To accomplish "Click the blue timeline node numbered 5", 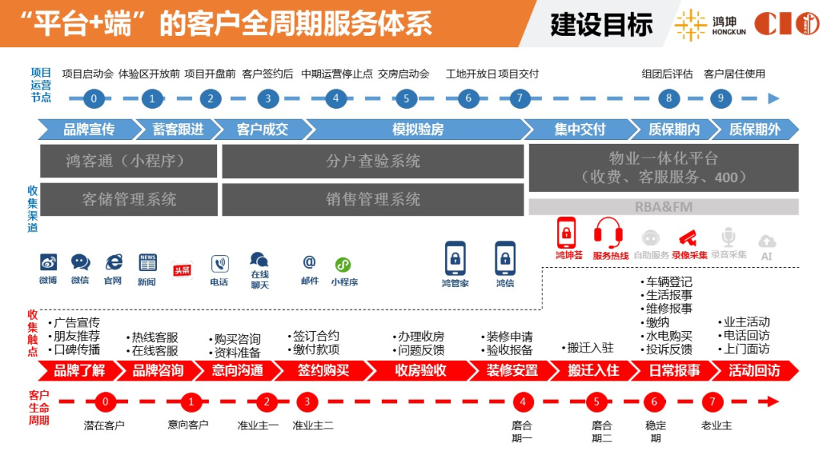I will pyautogui.click(x=406, y=98).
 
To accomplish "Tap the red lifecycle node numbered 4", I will pyautogui.click(x=523, y=402).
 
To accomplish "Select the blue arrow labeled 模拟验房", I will pyautogui.click(x=417, y=129).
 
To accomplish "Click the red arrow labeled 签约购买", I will pyautogui.click(x=322, y=371).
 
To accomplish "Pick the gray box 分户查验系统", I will pyautogui.click(x=373, y=161).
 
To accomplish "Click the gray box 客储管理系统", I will pyautogui.click(x=129, y=199).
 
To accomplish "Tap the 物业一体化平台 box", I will pyautogui.click(x=663, y=167).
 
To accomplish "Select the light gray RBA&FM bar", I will pyautogui.click(x=663, y=207).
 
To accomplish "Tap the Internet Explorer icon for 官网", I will pyautogui.click(x=114, y=263).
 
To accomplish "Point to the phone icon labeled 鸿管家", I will pyautogui.click(x=455, y=258).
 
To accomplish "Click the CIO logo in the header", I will pyautogui.click(x=786, y=24).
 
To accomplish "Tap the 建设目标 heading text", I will pyautogui.click(x=601, y=24).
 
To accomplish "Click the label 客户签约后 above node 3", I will pyautogui.click(x=267, y=74).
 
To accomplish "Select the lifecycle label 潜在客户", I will pyautogui.click(x=104, y=425).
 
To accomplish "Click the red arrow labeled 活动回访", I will pyautogui.click(x=754, y=371).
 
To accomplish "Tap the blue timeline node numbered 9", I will pyautogui.click(x=720, y=98).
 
